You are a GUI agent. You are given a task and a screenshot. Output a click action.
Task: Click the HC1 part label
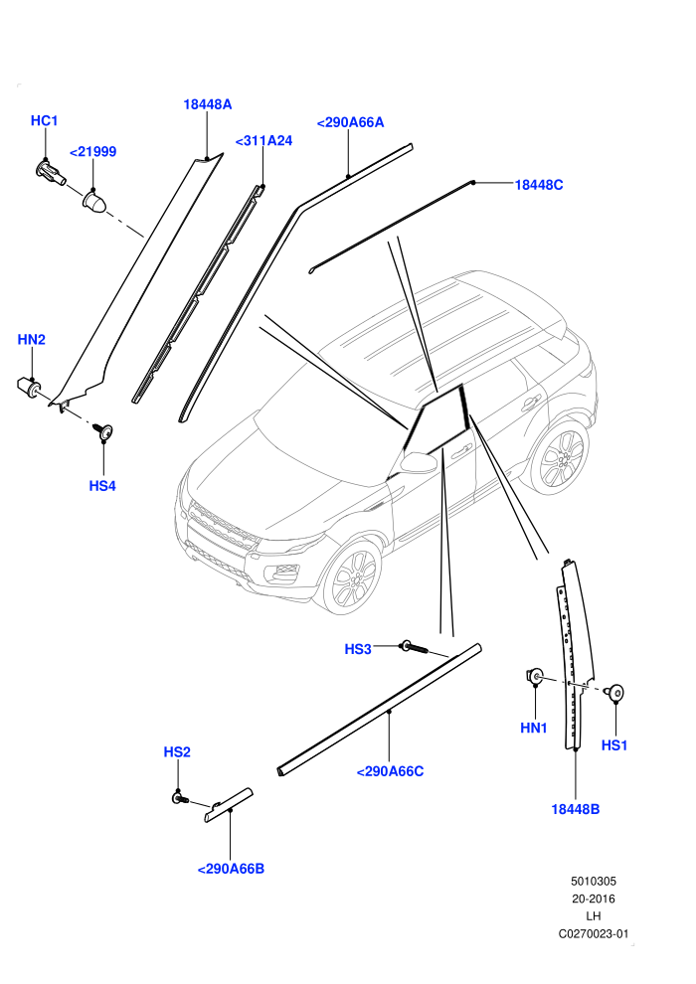tap(44, 120)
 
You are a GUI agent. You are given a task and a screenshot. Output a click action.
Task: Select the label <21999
tap(92, 152)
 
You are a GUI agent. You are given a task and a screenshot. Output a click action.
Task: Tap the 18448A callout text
tap(207, 104)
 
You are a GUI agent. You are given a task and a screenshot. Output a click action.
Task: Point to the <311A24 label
tap(263, 141)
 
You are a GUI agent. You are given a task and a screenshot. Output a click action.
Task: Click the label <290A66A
tap(350, 123)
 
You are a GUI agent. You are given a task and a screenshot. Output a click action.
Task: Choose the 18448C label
tap(539, 185)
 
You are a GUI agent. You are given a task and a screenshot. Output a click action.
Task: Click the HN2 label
tap(32, 340)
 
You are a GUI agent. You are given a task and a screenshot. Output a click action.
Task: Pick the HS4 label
tap(102, 486)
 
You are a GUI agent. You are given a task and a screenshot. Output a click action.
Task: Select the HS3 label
tap(358, 649)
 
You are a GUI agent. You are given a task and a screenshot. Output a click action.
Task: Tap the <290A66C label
tap(390, 772)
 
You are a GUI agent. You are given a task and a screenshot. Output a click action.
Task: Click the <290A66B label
tap(231, 869)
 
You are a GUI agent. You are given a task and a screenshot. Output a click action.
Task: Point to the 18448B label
tap(575, 809)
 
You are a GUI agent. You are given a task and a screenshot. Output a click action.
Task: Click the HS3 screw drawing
tap(416, 648)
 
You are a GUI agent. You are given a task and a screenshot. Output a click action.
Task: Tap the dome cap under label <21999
tap(94, 202)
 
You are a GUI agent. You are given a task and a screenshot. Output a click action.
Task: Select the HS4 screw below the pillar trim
tap(103, 430)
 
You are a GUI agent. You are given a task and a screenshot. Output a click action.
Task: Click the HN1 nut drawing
tap(534, 677)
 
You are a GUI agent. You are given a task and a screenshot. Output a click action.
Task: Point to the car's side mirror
tap(419, 462)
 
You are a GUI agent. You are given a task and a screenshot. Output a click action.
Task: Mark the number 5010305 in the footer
tap(593, 882)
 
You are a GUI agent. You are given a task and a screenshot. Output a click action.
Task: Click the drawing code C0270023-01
tap(593, 934)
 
